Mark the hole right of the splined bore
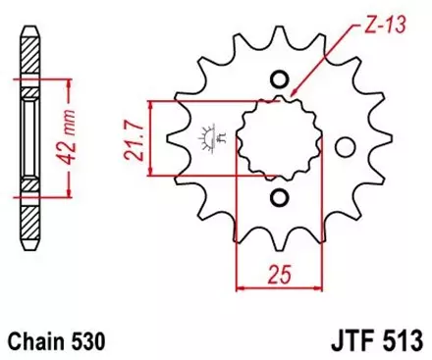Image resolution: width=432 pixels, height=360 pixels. pos(343,147)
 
